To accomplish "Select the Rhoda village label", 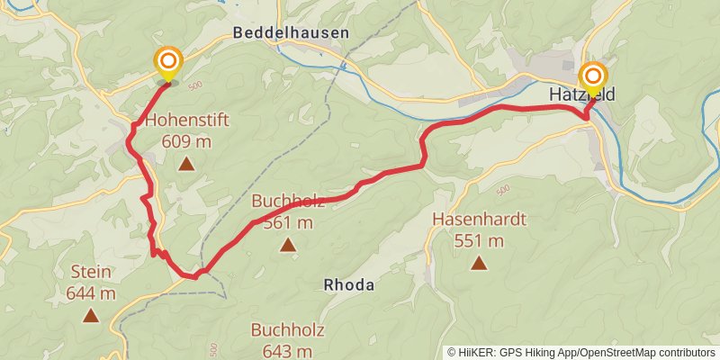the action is [x=348, y=284].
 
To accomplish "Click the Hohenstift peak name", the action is [x=187, y=120].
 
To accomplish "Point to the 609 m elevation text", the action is [x=187, y=140].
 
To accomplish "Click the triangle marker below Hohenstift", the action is [x=186, y=164].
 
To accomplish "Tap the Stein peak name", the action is [x=91, y=273].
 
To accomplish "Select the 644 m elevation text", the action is [x=91, y=293].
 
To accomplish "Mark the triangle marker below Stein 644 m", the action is [x=90, y=316].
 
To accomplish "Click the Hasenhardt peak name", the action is [x=479, y=220].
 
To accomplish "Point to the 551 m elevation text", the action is [x=479, y=240].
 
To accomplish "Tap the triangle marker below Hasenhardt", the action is [x=479, y=264].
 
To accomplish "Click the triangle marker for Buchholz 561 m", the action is [x=288, y=245].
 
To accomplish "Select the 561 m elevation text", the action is [x=288, y=223].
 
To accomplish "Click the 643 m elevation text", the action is [x=282, y=351].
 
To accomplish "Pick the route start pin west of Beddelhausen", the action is [x=167, y=63].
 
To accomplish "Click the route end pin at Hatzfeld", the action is [x=592, y=77].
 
